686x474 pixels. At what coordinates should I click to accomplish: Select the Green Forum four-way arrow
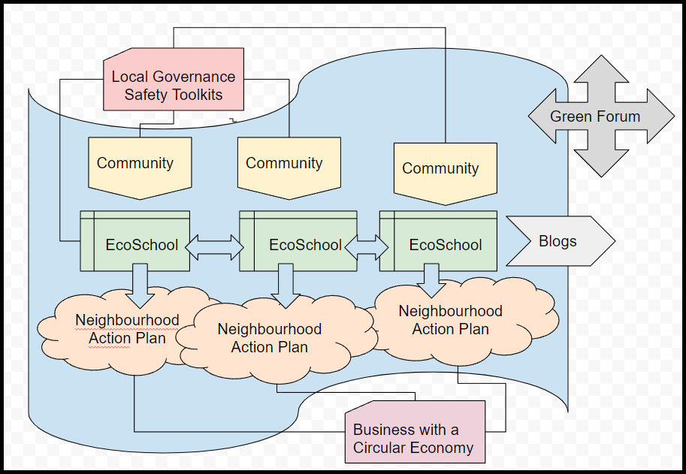pos(601,116)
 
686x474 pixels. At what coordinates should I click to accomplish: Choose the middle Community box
pos(289,165)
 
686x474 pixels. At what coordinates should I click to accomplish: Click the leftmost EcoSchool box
pos(135,245)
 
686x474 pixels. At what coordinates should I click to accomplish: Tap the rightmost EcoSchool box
pos(439,245)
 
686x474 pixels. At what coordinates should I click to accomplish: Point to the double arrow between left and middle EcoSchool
pos(215,246)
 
